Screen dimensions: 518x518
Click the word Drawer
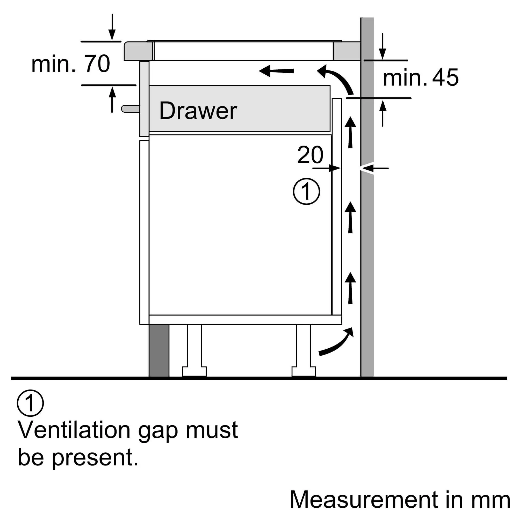198,111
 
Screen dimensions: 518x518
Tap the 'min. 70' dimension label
70,64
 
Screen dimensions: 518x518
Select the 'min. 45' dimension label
421,77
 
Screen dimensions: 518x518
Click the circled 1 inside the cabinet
306,191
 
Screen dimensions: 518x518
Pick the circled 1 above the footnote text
30,403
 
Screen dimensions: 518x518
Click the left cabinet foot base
195,371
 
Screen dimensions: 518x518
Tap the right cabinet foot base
304,371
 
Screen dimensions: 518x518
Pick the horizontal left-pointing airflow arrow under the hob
276,71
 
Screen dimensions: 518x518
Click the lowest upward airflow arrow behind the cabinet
350,288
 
